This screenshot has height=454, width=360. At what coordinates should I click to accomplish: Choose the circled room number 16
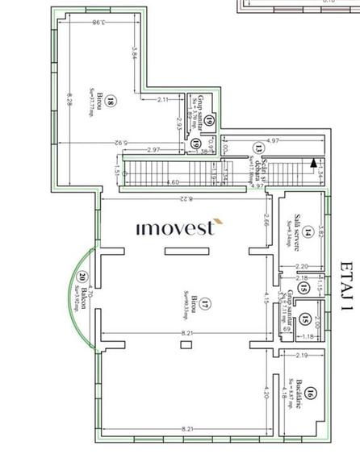pyautogui.click(x=311, y=394)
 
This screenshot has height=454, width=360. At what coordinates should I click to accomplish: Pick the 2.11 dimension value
pyautogui.click(x=163, y=99)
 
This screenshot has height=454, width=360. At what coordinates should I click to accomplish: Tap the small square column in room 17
pyautogui.click(x=186, y=344)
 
